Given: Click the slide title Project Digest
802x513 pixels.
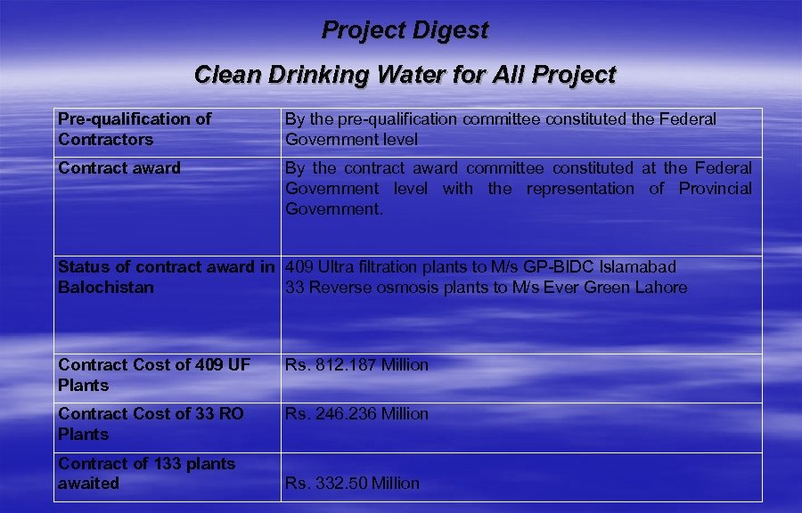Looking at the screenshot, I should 405,30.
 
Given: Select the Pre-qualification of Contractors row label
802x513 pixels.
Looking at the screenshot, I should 135,129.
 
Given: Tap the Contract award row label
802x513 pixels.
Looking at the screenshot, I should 119,168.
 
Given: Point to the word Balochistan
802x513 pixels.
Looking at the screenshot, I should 105,288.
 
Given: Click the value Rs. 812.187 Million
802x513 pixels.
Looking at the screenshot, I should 356,365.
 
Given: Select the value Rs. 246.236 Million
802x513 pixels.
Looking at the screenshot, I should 356,414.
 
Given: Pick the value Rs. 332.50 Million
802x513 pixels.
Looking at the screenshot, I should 352,484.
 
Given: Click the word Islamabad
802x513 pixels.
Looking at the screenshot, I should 636,267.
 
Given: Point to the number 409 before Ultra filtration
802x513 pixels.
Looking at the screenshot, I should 299,267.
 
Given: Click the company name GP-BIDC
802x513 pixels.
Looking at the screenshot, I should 559,267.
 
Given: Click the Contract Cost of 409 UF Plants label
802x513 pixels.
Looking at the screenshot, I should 154,375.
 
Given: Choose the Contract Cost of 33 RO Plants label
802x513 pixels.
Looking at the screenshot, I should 151,424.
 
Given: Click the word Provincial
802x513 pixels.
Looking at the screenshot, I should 716,189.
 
